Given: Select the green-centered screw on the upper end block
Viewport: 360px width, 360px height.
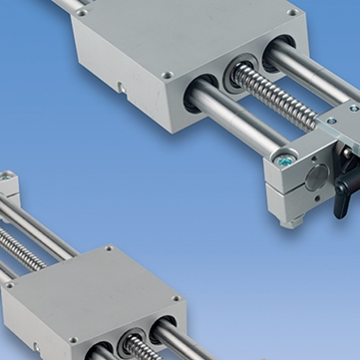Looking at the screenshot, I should tap(287, 158).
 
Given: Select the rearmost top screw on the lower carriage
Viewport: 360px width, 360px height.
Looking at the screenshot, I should tap(108, 249).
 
